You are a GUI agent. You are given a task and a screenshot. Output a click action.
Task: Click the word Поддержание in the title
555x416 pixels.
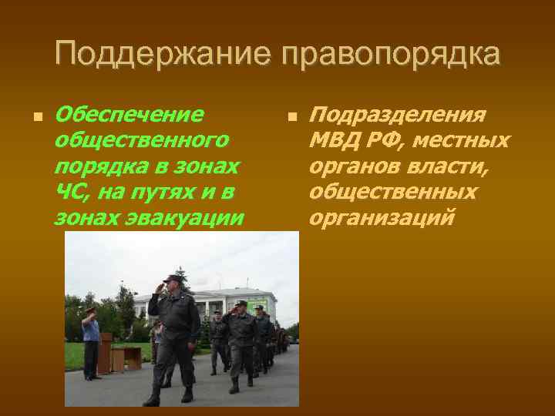(x=163, y=55)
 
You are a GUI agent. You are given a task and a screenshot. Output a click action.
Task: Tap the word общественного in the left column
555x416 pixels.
(x=142, y=141)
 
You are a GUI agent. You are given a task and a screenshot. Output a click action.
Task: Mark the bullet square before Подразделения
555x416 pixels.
(x=291, y=117)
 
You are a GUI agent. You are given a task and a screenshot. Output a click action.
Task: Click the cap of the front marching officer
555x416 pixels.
(x=173, y=279)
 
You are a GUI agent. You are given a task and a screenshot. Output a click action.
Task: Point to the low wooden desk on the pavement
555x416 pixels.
(x=126, y=357)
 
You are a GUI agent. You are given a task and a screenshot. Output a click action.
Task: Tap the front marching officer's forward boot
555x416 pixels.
(x=152, y=400)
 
